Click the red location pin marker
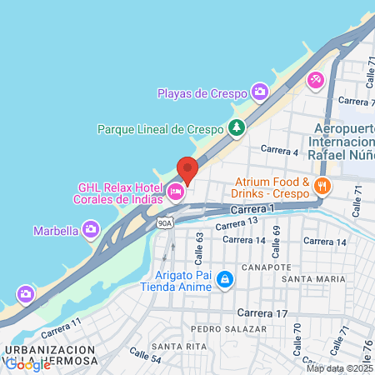[187, 170]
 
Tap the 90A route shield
[163, 222]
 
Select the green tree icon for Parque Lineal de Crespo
[237, 128]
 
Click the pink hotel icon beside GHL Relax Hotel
[175, 192]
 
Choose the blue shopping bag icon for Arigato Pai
[223, 278]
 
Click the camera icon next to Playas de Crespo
[260, 92]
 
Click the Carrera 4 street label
[280, 150]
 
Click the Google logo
[27, 363]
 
